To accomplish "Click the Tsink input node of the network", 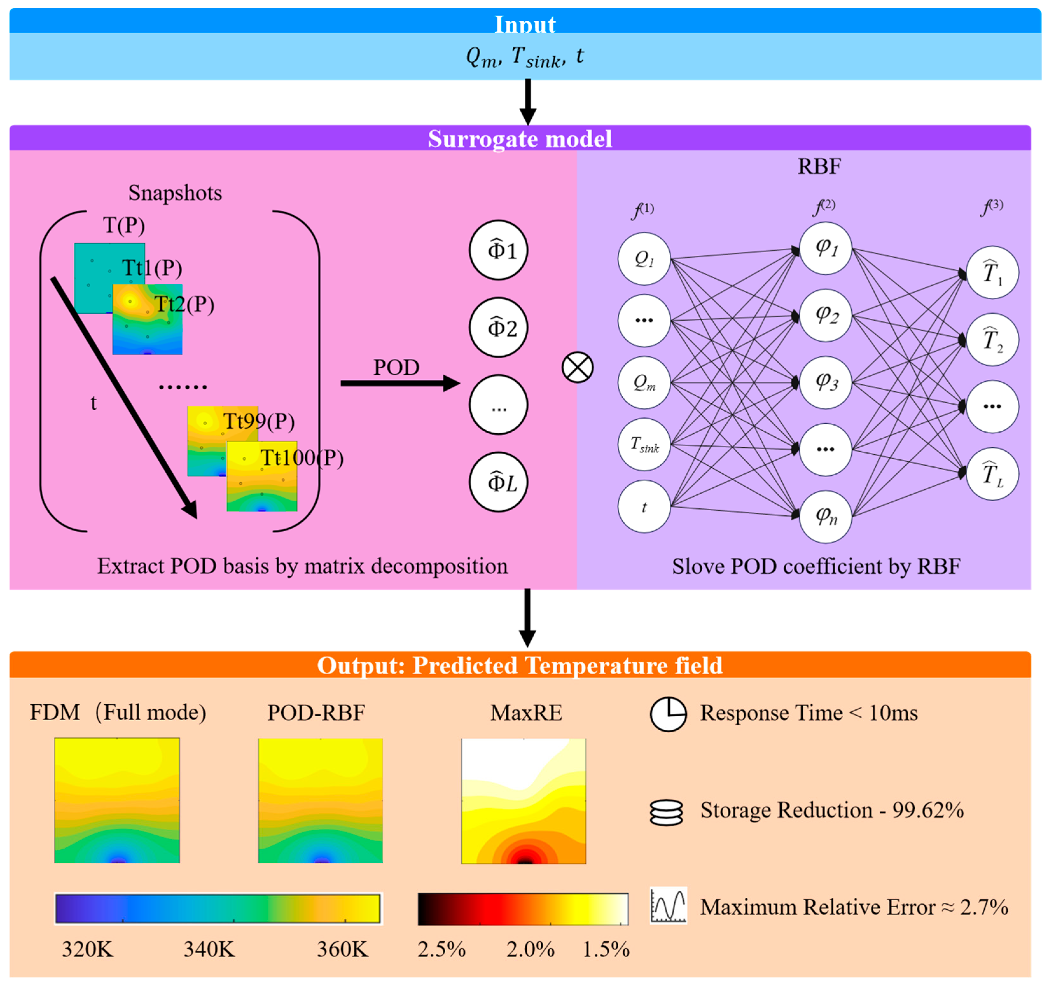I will pyautogui.click(x=644, y=444).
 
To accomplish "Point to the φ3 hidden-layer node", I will pyautogui.click(x=826, y=382).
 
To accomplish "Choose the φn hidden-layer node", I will pyautogui.click(x=826, y=516).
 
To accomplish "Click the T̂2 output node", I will pyautogui.click(x=992, y=339).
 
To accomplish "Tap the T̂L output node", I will pyautogui.click(x=992, y=474).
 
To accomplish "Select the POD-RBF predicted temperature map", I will pyautogui.click(x=320, y=800).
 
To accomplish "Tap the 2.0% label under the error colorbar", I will pyautogui.click(x=530, y=950).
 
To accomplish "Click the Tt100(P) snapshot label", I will pyautogui.click(x=302, y=458).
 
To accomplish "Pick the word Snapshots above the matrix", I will pyautogui.click(x=175, y=193).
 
